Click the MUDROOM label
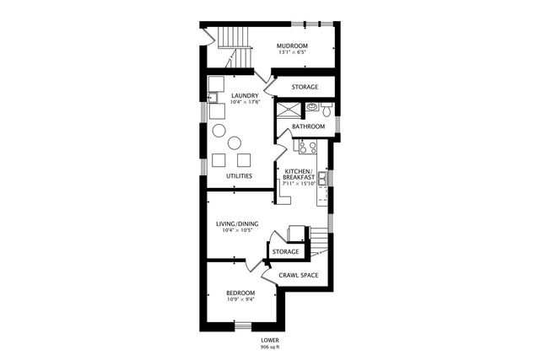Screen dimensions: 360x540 (x=294, y=46)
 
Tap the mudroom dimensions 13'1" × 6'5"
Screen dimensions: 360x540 (x=294, y=53)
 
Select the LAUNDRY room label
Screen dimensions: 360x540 (x=246, y=95)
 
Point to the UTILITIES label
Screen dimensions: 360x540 (x=240, y=175)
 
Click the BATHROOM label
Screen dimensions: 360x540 (x=308, y=126)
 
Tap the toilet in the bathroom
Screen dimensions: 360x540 (x=327, y=107)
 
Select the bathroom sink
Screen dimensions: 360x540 (x=311, y=107)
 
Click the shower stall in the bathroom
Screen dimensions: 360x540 (x=289, y=111)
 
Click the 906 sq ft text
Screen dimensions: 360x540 (x=270, y=347)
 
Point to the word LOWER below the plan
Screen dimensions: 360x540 (x=270, y=340)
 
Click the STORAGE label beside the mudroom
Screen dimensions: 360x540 (x=305, y=87)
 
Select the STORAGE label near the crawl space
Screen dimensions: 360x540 (x=286, y=251)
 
